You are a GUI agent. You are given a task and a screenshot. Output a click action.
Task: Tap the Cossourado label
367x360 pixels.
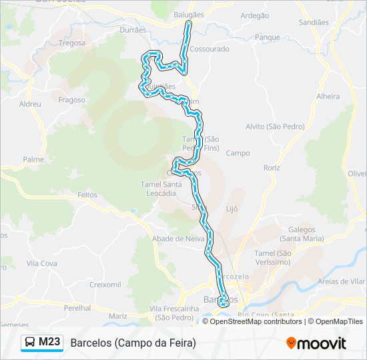[210, 49]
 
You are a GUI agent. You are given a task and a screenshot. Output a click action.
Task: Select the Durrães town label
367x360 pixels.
[133, 30]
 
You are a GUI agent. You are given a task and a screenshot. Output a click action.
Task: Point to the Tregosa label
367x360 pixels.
[72, 43]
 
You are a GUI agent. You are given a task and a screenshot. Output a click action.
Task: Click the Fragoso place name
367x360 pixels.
[72, 100]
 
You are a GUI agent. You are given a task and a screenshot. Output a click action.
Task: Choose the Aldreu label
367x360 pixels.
[31, 104]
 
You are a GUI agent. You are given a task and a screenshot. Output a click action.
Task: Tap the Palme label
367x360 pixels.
[33, 160]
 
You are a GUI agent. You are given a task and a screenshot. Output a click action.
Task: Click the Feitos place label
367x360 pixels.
[87, 195]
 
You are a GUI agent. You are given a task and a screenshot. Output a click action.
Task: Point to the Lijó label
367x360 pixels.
[232, 209]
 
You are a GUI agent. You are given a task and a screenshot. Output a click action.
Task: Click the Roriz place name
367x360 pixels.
[272, 168]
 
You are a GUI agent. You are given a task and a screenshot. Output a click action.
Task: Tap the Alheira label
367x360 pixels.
[328, 97]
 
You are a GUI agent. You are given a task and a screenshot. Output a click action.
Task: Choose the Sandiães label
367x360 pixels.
[314, 22]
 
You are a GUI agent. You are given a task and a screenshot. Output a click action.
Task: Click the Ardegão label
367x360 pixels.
[254, 15]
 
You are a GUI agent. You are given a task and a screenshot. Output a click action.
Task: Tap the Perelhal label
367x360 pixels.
[77, 309]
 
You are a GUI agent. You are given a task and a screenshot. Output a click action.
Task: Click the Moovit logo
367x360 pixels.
[316, 343]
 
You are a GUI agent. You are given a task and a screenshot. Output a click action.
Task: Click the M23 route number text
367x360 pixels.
[49, 343]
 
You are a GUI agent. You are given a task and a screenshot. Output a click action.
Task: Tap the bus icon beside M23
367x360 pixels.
[31, 343]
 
